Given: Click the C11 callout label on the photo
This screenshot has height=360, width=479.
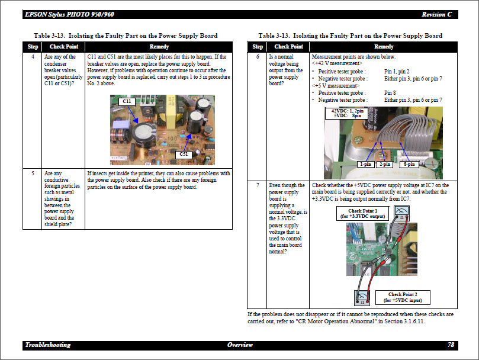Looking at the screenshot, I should [x=126, y=102].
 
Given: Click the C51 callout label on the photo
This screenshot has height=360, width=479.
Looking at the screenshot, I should [x=183, y=155].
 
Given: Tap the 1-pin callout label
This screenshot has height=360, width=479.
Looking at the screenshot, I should [x=365, y=164].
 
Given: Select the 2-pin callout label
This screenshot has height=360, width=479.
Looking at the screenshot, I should [x=385, y=164].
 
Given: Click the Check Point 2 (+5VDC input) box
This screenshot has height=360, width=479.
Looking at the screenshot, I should [x=403, y=297].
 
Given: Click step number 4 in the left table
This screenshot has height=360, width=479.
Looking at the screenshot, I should [x=33, y=56].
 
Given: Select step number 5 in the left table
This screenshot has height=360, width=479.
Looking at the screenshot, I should [x=33, y=173].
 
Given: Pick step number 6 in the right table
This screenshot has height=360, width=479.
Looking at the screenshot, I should [x=258, y=56].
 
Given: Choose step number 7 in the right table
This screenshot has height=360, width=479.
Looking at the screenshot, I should [x=258, y=185].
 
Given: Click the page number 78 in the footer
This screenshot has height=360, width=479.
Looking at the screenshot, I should [x=451, y=345].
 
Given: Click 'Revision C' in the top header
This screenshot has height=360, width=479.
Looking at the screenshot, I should [x=438, y=14].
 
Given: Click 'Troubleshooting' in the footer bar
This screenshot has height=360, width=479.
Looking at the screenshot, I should [x=48, y=345].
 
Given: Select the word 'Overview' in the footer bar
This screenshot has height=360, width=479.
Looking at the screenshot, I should [x=240, y=345].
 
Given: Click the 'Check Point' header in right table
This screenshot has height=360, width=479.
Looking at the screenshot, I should [x=288, y=47].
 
